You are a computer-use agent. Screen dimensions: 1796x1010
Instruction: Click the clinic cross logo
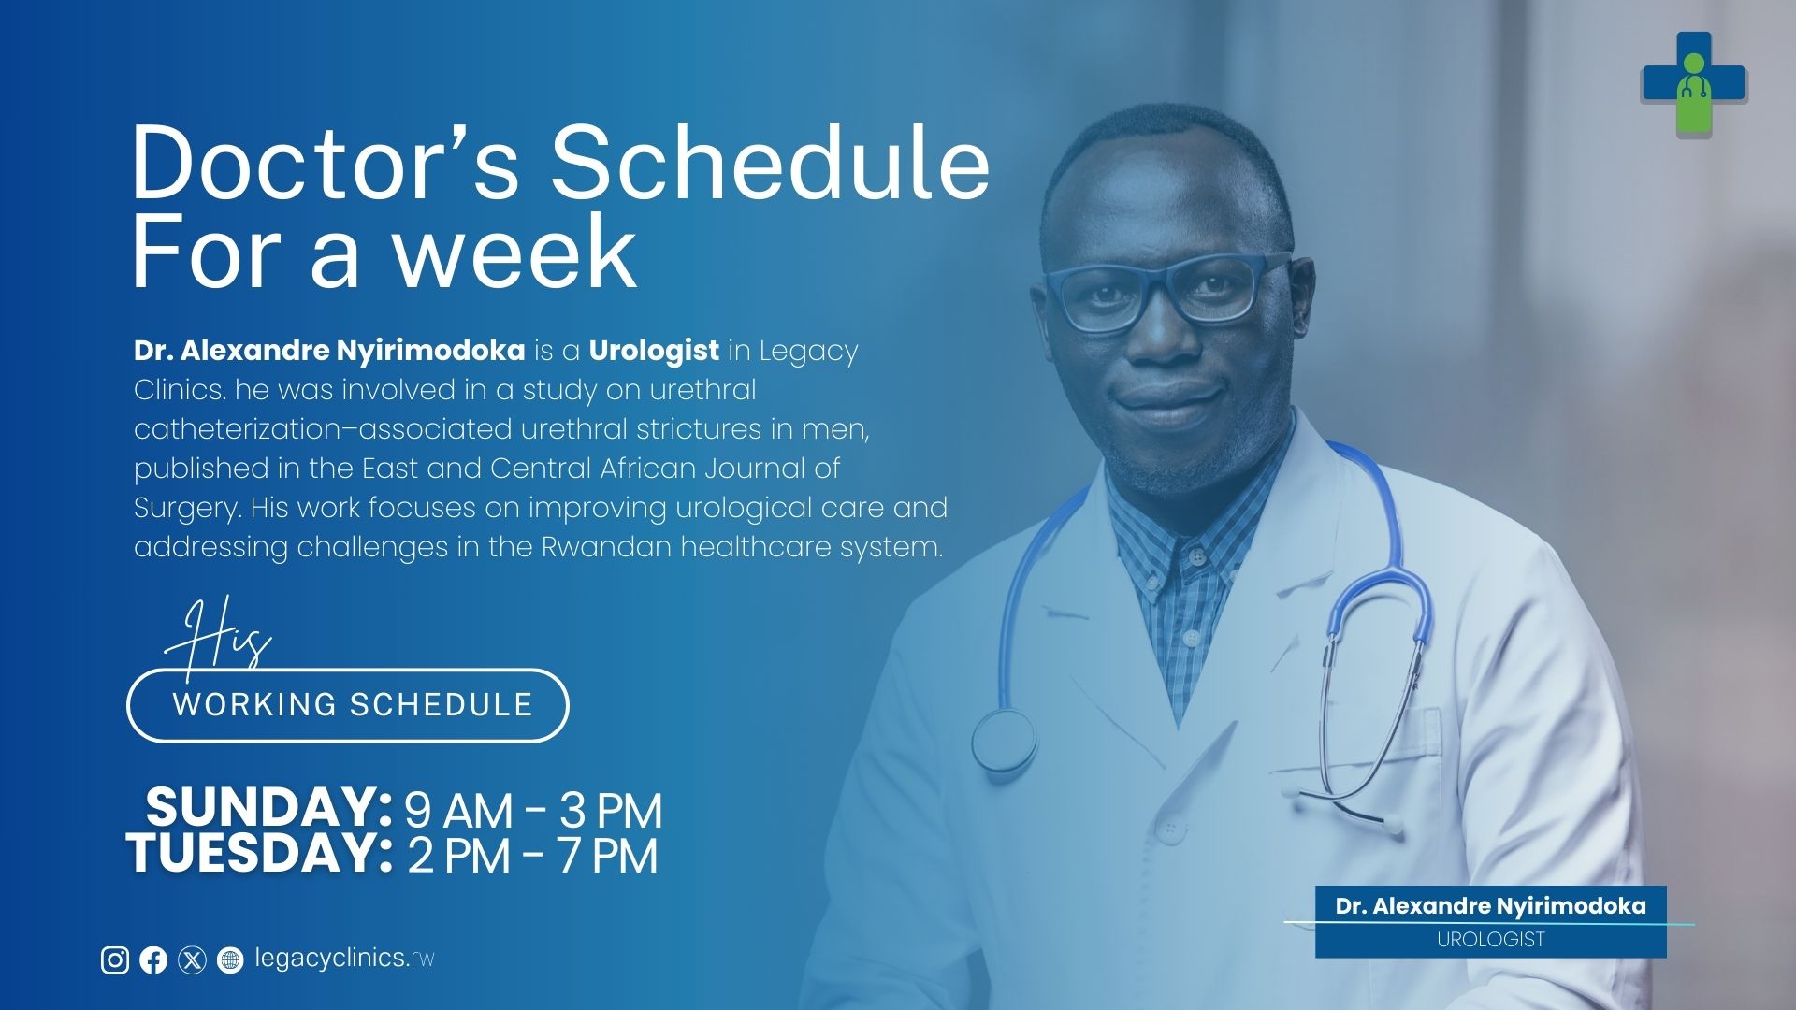(x=1694, y=85)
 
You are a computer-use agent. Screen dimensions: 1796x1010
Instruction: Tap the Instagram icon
(x=115, y=959)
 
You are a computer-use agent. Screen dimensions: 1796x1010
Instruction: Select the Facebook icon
(x=153, y=960)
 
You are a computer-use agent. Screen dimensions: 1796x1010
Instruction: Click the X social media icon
(x=192, y=960)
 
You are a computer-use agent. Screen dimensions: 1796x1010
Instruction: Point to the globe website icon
(x=230, y=960)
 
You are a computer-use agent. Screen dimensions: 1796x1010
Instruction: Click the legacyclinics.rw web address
(x=344, y=959)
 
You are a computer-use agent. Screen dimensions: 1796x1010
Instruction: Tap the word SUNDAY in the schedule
(x=268, y=806)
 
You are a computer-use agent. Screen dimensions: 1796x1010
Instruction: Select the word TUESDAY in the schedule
(x=259, y=853)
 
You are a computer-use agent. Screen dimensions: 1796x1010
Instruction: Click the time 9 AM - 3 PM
(x=532, y=810)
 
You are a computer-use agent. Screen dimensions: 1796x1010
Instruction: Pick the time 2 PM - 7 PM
(x=532, y=856)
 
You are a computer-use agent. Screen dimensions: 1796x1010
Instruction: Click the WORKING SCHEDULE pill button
(x=348, y=705)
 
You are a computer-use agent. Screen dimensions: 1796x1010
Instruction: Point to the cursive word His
(x=218, y=636)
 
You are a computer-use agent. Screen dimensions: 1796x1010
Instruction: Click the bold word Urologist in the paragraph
(x=654, y=352)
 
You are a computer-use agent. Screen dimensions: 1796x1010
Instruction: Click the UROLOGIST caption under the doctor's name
(x=1491, y=940)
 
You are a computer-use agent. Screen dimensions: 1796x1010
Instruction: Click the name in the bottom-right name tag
(x=1491, y=906)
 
